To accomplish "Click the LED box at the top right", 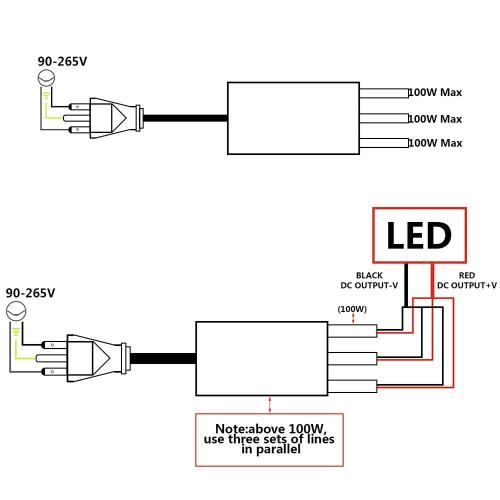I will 419,236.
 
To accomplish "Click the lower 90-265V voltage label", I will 29,294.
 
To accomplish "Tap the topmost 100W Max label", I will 435,93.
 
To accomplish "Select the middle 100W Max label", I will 435,119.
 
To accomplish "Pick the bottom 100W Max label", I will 435,144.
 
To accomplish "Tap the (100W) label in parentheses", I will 351,309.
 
